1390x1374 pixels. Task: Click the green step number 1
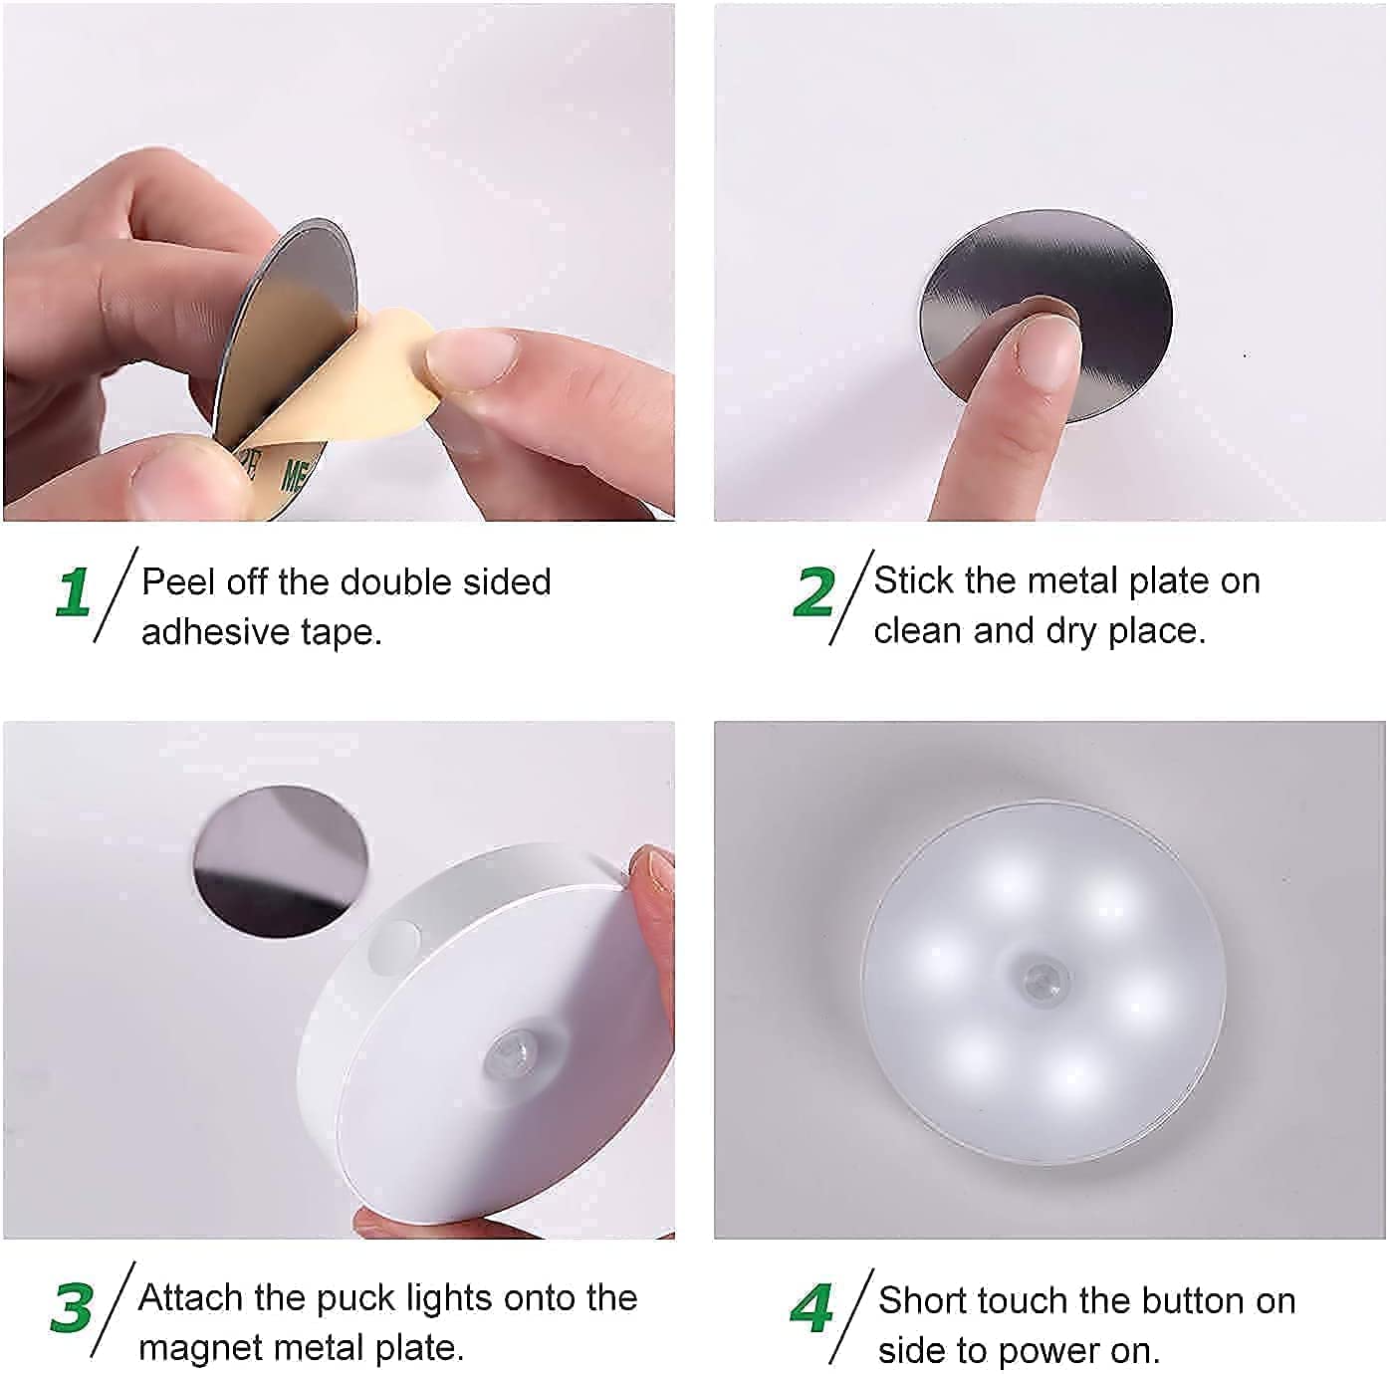point(74,592)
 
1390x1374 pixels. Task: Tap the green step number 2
point(813,592)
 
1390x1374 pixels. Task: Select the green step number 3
point(72,1307)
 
